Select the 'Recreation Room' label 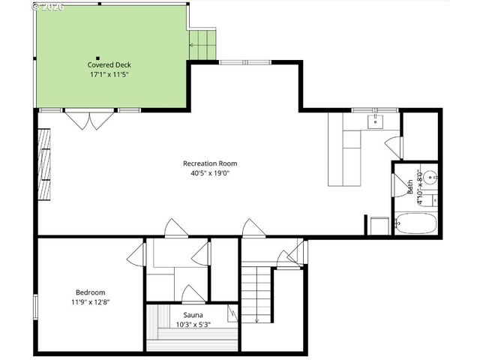tap(210, 163)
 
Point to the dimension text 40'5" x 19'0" tap(210, 173)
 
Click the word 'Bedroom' tap(90, 292)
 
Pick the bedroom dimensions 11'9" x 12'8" tap(90, 302)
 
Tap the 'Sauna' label tap(191, 315)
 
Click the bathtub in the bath tap(415, 224)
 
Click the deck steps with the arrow tap(201, 43)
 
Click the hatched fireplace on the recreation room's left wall tap(46, 165)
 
